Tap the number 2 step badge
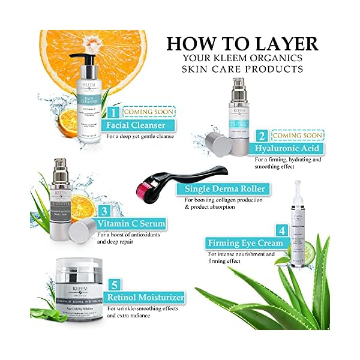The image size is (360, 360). (x=262, y=136)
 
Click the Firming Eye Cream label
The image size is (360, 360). (x=240, y=244)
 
